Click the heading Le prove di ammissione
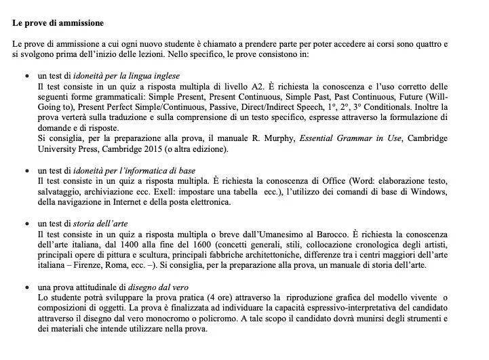[58, 23]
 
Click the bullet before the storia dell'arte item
[26, 224]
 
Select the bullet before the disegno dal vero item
[26, 287]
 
